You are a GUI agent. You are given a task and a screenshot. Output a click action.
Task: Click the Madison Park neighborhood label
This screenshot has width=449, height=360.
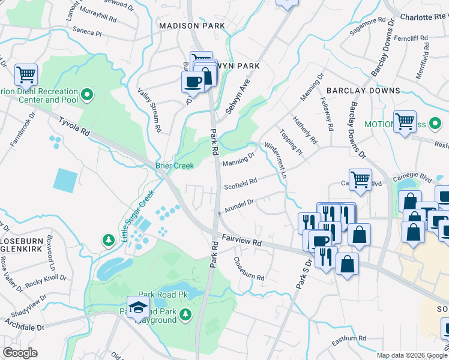click(191, 26)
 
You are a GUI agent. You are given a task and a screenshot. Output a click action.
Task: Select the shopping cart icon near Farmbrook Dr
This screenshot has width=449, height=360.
click(26, 75)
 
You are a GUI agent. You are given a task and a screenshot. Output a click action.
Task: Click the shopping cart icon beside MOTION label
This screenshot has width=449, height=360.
click(405, 122)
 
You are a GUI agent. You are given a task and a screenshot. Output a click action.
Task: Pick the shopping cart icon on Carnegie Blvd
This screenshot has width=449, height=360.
click(360, 178)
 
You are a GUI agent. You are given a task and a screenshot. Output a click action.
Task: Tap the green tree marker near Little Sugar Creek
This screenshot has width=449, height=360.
click(108, 241)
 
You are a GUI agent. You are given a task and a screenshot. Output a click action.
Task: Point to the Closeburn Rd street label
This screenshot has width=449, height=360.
click(249, 269)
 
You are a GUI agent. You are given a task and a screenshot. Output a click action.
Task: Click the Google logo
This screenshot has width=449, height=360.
click(20, 353)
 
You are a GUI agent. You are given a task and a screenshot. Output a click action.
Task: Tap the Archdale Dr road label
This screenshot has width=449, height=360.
click(25, 328)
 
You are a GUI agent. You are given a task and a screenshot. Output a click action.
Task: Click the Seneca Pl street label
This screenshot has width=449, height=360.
click(86, 32)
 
